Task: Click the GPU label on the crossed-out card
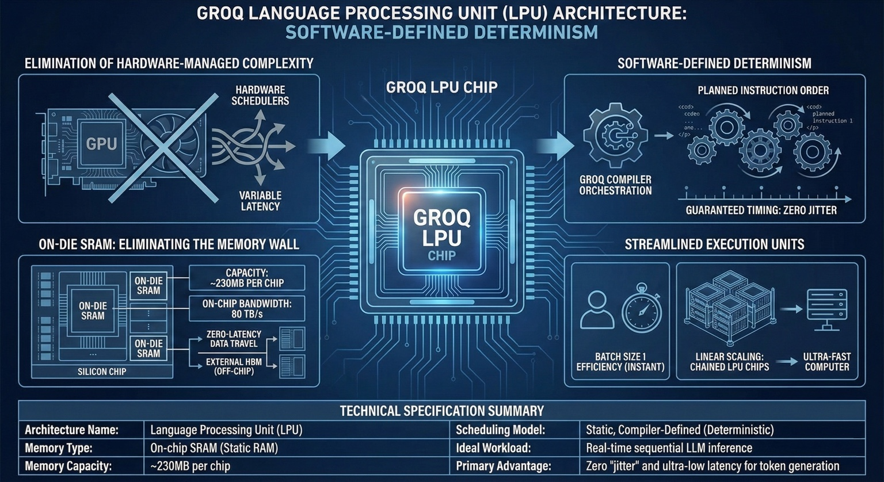[101, 143]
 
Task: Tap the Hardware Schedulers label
[260, 95]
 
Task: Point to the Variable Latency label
[260, 201]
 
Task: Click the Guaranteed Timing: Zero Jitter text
[761, 211]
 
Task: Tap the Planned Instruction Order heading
[763, 91]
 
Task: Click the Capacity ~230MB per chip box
[246, 278]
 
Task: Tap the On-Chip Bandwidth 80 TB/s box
[246, 309]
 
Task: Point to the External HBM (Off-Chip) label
[234, 366]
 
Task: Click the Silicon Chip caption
[102, 372]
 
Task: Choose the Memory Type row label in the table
[59, 448]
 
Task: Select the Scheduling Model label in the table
[500, 430]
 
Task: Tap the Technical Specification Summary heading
[441, 411]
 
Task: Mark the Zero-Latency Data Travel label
[234, 339]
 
